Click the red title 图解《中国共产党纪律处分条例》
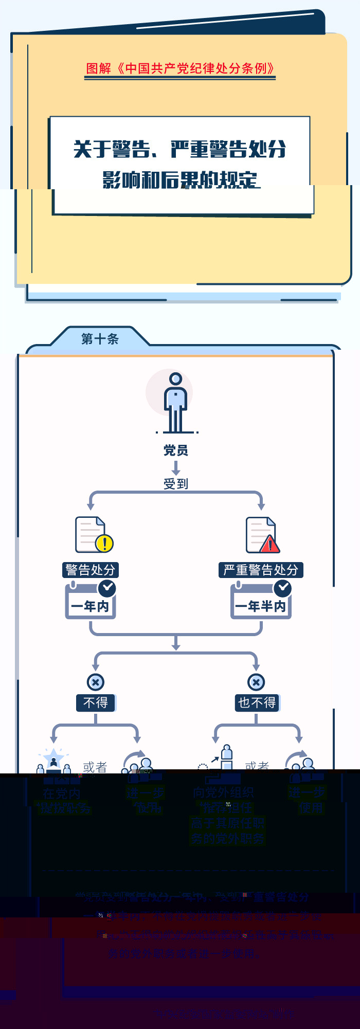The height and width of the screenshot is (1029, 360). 181,68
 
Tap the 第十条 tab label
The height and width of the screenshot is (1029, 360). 100,339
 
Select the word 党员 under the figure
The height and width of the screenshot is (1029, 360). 175,450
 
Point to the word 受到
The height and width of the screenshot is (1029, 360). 175,483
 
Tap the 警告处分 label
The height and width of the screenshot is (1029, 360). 91,570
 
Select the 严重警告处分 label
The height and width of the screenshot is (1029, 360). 261,570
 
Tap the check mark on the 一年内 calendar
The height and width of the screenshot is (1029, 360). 107,588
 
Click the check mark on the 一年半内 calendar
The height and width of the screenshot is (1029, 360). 282,588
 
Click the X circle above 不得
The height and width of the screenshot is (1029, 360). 96,682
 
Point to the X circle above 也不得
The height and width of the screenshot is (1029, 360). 256,682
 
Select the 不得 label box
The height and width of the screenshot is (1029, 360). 96,702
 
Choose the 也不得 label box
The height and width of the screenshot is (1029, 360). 257,702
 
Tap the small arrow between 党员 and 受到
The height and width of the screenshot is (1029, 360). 175,467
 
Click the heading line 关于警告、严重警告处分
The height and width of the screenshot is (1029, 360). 179,150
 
